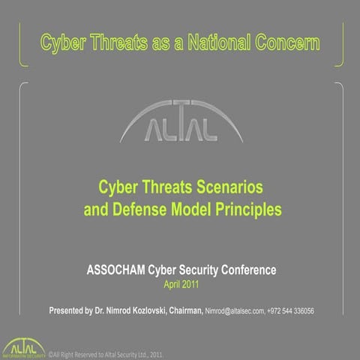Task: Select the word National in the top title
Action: point(228,41)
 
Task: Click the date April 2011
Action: point(180,284)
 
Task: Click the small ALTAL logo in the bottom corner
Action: point(22,348)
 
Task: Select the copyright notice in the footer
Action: point(106,353)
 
